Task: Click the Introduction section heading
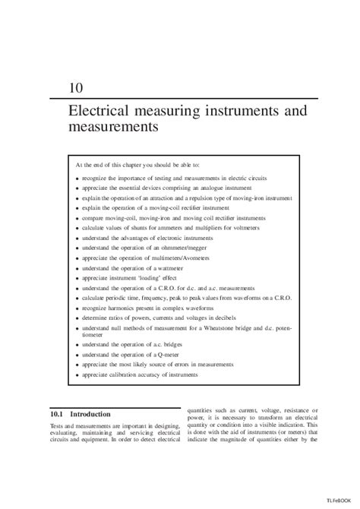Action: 90,415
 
